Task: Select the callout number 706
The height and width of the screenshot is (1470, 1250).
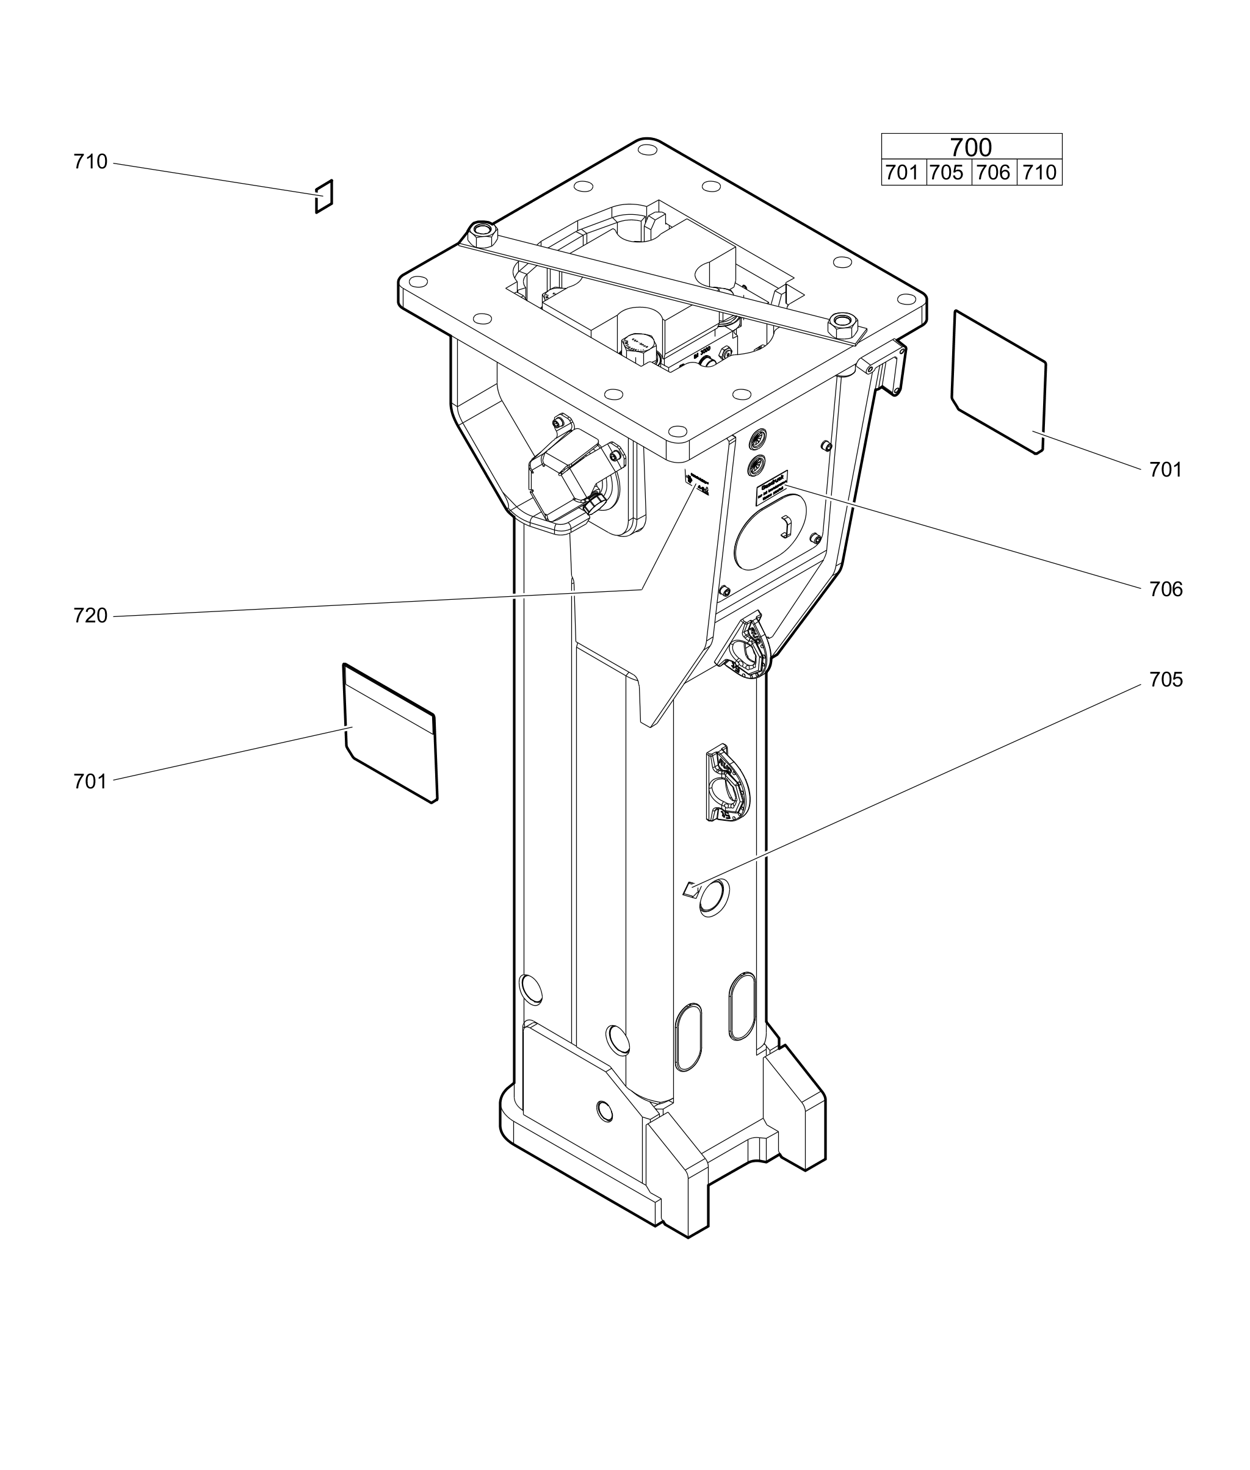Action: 1165,589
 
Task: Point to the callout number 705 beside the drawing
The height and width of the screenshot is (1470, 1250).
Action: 1165,680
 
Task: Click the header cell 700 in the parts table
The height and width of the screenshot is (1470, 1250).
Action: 971,146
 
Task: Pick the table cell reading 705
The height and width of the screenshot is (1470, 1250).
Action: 947,172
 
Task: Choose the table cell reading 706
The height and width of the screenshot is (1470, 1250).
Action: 993,172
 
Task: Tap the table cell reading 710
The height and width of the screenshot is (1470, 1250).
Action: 1039,172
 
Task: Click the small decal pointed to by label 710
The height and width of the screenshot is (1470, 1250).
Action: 324,196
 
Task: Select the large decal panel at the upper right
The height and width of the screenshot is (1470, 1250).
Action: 999,381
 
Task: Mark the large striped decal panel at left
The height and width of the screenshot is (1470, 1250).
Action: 391,733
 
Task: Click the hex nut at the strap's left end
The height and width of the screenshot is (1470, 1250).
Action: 483,232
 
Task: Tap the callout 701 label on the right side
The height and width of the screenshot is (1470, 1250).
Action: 1165,470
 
